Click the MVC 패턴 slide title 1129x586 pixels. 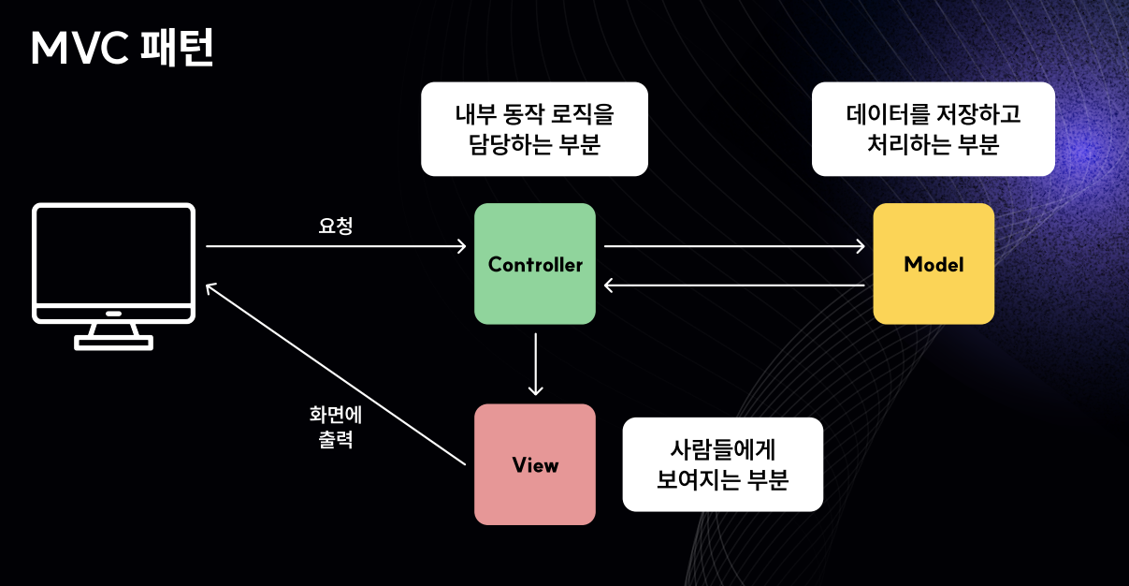(123, 49)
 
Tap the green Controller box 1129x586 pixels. (535, 264)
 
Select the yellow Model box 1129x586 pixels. (934, 264)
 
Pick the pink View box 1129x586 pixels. (535, 464)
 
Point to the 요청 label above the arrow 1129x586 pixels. (336, 226)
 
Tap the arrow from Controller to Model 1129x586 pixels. (734, 246)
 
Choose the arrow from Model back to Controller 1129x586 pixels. (734, 284)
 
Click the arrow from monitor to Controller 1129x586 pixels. (335, 246)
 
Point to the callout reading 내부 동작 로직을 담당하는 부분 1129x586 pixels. (534, 129)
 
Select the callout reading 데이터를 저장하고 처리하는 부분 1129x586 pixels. (934, 129)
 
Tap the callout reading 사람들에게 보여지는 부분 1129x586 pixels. (722, 464)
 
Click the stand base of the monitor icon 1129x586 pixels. (114, 343)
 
